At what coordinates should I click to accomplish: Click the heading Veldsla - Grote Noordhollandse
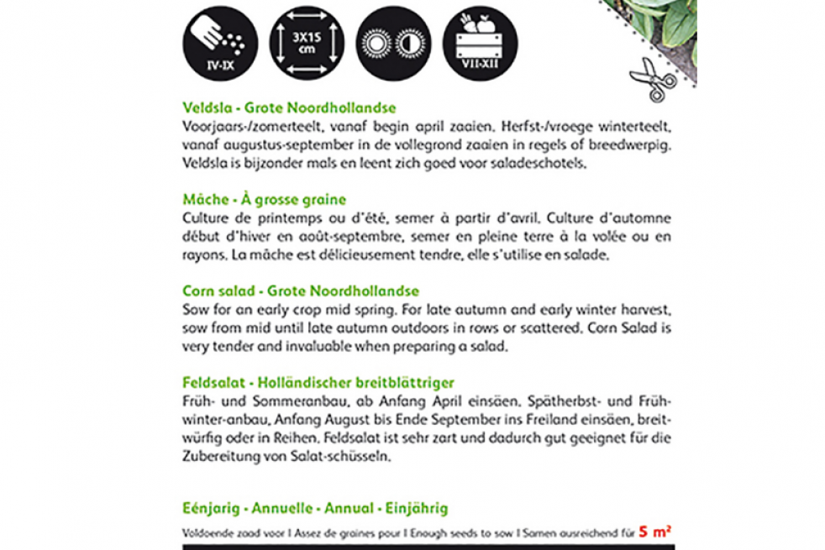288,107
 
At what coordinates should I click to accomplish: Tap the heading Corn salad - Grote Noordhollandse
300,291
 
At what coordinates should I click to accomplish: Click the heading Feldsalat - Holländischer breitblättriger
318,383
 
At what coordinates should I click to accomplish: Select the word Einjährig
418,508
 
